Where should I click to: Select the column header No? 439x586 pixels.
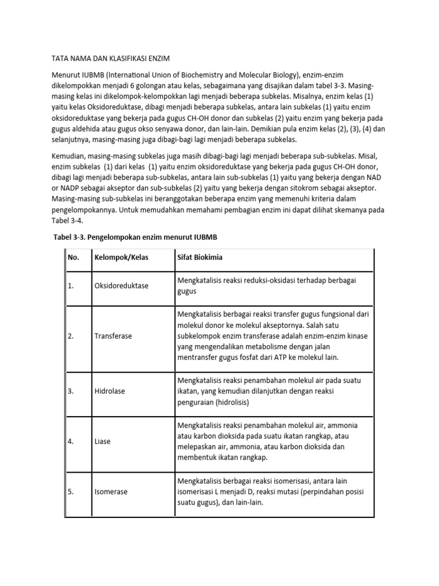click(x=73, y=258)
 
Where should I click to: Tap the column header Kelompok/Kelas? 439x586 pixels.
click(x=121, y=258)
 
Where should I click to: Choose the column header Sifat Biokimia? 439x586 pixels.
click(x=200, y=258)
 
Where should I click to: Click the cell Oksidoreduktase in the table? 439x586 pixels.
click(x=121, y=286)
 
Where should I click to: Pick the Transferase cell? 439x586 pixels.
click(x=113, y=336)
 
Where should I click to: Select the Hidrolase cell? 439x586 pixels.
click(x=110, y=391)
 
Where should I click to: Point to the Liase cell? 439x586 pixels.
click(x=103, y=442)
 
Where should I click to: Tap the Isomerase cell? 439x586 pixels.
click(x=111, y=492)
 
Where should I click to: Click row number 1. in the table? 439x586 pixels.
click(x=71, y=286)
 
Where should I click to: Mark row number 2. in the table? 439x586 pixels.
click(x=71, y=336)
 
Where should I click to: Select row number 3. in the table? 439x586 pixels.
click(x=71, y=391)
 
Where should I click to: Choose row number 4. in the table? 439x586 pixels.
click(x=71, y=442)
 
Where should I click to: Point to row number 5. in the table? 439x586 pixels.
click(x=71, y=492)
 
